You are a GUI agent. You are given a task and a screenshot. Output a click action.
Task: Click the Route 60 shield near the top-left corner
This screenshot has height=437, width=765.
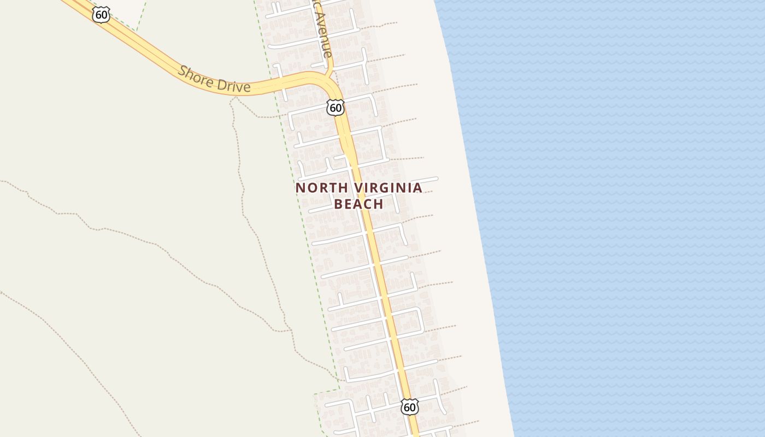[x=101, y=15]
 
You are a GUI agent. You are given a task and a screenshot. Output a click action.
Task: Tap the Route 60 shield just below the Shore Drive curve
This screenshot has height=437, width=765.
[x=336, y=108]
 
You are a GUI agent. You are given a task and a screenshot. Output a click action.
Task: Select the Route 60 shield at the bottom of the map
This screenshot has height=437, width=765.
[x=409, y=406]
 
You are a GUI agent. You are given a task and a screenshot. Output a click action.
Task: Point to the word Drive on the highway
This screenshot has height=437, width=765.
[x=234, y=85]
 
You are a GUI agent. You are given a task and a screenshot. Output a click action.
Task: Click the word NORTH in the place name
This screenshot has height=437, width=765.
[x=321, y=188]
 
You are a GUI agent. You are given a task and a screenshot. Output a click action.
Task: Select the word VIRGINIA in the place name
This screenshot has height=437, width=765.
[x=388, y=188]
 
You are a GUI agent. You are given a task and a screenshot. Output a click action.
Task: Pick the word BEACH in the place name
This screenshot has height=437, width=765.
[x=358, y=204]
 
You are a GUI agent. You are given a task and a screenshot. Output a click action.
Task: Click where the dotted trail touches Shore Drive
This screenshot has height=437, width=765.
[x=236, y=97]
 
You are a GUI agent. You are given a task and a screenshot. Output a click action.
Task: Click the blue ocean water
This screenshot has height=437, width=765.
[x=628, y=218]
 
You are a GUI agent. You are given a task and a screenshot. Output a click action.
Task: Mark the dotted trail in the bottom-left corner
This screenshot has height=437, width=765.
[x=82, y=361]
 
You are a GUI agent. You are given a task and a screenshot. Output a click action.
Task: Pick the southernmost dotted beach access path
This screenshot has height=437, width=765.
[x=464, y=423]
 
